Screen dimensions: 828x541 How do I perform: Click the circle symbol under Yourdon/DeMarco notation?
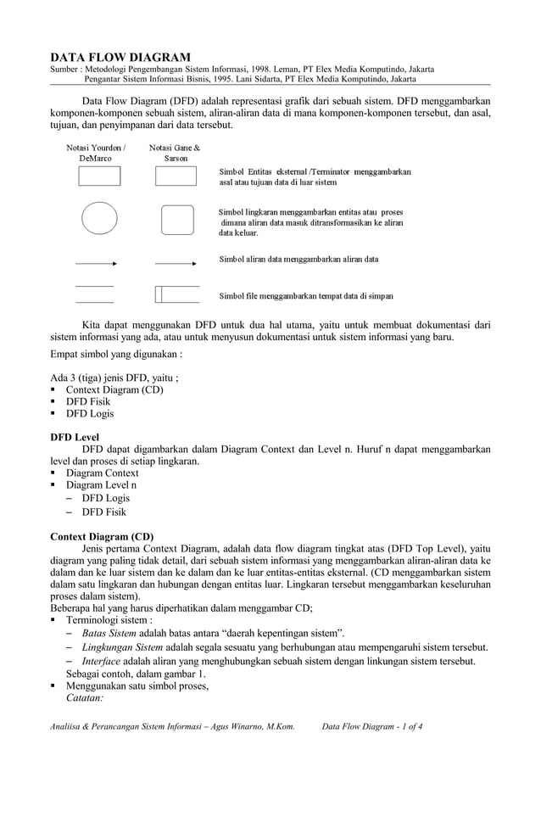pyautogui.click(x=99, y=218)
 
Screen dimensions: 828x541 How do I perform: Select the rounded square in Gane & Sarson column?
pyautogui.click(x=177, y=218)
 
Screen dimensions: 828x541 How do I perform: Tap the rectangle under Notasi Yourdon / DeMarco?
pyautogui.click(x=99, y=176)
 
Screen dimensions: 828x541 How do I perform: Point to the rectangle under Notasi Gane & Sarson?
pyautogui.click(x=176, y=176)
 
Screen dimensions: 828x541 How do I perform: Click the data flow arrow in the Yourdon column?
pyautogui.click(x=97, y=264)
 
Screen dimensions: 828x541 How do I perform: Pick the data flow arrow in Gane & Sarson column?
pyautogui.click(x=176, y=264)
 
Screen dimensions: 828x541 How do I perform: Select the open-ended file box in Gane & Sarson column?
pyautogui.click(x=177, y=294)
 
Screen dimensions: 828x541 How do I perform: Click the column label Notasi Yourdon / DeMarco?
pyautogui.click(x=96, y=153)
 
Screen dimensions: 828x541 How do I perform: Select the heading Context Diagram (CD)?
pyautogui.click(x=102, y=537)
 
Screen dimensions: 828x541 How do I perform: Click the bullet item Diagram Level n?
pyautogui.click(x=101, y=484)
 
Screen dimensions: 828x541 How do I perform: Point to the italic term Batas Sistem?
pyautogui.click(x=109, y=633)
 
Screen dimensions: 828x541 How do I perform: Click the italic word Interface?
pyautogui.click(x=101, y=662)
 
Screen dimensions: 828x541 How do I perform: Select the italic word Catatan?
pyautogui.click(x=85, y=698)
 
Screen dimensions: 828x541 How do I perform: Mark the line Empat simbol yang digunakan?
pyautogui.click(x=116, y=355)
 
